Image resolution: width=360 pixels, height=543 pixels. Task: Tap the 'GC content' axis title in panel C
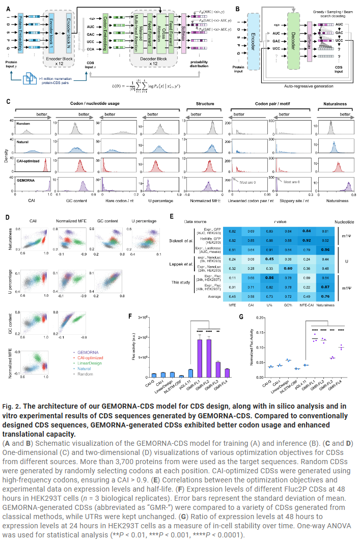76,194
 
